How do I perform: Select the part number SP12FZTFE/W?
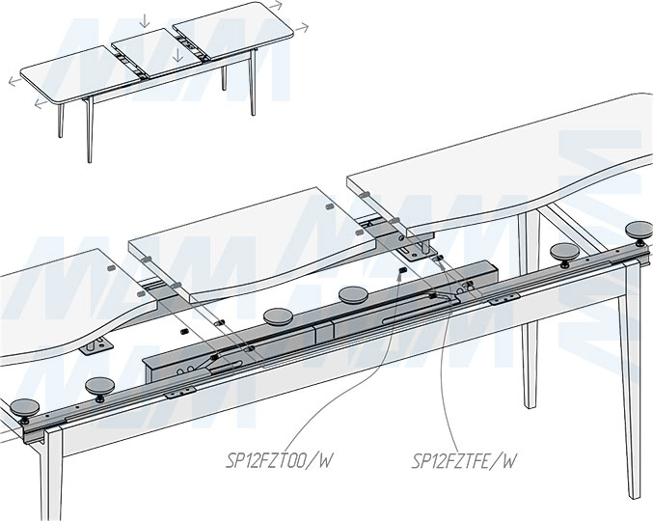pyautogui.click(x=461, y=461)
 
